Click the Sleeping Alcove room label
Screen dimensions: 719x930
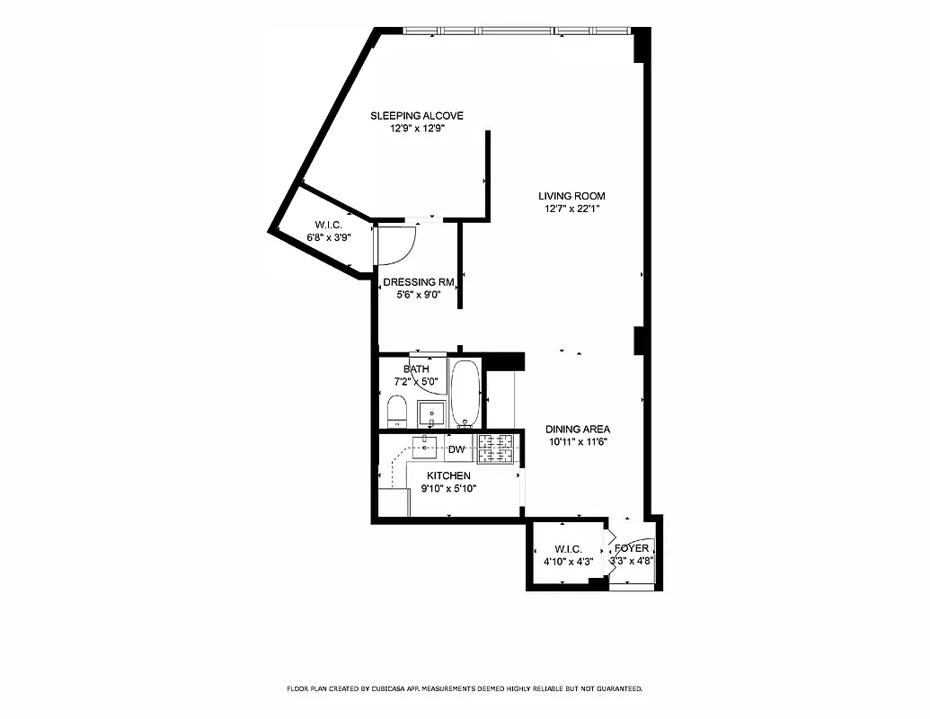(417, 115)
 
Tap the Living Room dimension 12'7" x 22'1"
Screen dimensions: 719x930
(571, 209)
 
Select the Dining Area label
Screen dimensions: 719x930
(579, 430)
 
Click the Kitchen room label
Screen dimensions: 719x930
(448, 475)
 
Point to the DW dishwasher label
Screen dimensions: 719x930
(456, 448)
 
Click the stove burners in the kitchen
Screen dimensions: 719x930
(495, 448)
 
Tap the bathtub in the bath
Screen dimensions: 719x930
(465, 394)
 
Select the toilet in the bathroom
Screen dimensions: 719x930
(397, 414)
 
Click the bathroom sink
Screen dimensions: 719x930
(432, 414)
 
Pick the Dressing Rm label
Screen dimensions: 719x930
(418, 281)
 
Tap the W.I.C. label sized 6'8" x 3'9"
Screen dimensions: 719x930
(326, 225)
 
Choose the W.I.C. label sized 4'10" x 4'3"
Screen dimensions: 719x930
(568, 549)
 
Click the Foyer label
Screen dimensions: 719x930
(632, 548)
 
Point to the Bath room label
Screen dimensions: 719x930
(416, 368)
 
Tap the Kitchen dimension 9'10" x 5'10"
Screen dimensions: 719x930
(448, 488)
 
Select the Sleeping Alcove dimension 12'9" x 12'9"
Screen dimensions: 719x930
(417, 129)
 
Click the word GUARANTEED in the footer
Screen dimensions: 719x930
(612, 689)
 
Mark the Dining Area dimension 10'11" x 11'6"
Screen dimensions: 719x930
(579, 441)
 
